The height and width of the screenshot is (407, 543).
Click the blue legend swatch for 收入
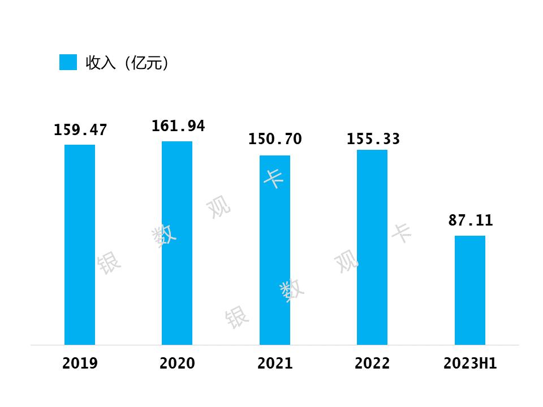coord(68,62)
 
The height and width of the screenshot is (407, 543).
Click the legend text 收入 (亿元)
coord(127,63)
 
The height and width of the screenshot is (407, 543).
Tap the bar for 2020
coord(177,243)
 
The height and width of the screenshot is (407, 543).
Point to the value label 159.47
coord(80,131)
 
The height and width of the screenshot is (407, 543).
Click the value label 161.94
coord(178,126)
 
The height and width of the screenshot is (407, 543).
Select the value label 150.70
coord(275,140)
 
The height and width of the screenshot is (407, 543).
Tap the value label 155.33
coord(373,139)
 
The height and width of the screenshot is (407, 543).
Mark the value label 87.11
coord(471,221)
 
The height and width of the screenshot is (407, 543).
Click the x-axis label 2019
coord(80,363)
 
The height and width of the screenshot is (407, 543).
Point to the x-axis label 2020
coord(177,363)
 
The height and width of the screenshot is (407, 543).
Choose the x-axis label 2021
coord(275,363)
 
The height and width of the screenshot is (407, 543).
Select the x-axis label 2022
coord(372,363)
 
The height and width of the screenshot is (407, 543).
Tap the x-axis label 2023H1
coord(470,363)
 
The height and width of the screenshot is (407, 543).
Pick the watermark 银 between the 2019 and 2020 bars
coord(109,263)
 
